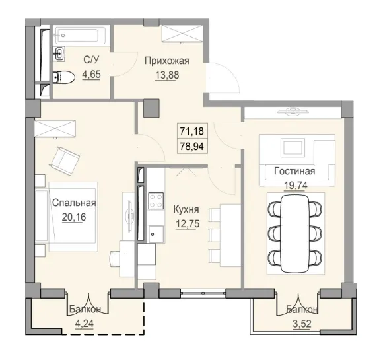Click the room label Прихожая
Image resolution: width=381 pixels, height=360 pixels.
pyautogui.click(x=167, y=61)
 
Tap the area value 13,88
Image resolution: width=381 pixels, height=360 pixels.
pyautogui.click(x=167, y=74)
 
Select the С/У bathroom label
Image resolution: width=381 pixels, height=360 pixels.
pyautogui.click(x=91, y=61)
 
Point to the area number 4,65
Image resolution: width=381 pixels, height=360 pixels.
pyautogui.click(x=91, y=74)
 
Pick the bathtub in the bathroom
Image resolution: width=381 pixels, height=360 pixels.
pyautogui.click(x=79, y=34)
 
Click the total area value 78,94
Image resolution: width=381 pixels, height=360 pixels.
pyautogui.click(x=191, y=144)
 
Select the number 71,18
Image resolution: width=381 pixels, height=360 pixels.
pyautogui.click(x=191, y=130)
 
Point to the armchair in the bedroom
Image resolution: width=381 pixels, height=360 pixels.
pyautogui.click(x=65, y=159)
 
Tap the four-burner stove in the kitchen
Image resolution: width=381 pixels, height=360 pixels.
pyautogui.click(x=156, y=200)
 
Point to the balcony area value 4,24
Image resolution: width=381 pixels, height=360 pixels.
pyautogui.click(x=84, y=324)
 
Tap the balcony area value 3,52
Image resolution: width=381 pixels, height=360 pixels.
pyautogui.click(x=302, y=324)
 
